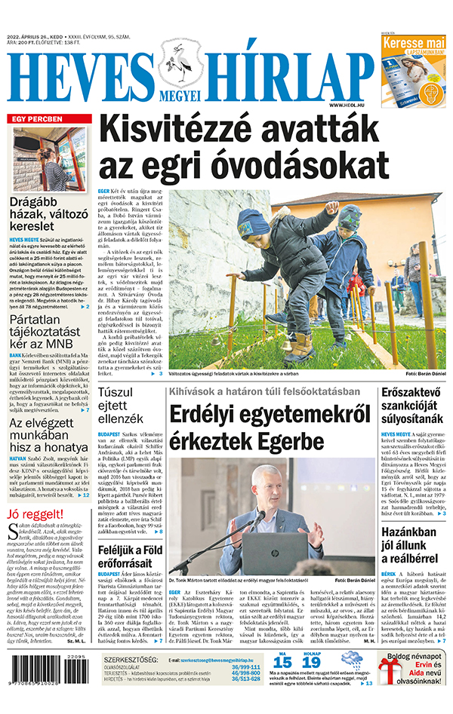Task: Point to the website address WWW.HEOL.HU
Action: [350, 105]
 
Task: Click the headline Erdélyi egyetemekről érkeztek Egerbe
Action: [270, 427]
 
